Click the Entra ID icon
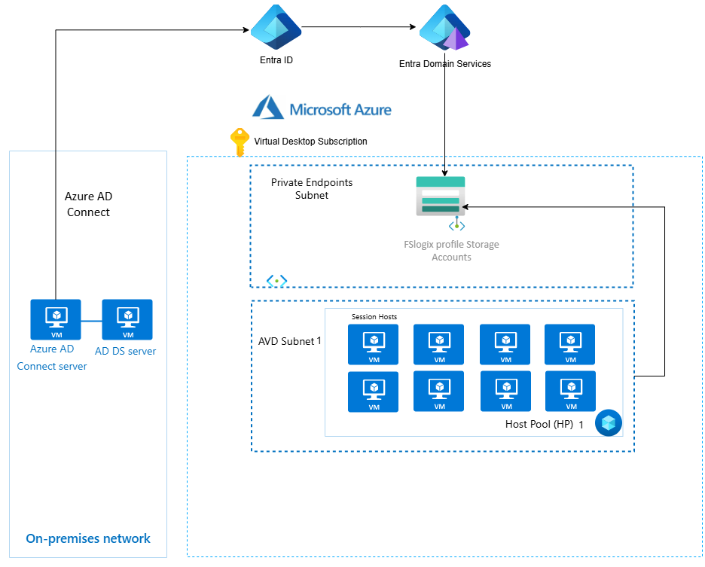pos(276,26)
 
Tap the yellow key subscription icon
pos(239,142)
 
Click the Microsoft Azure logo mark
pos(267,108)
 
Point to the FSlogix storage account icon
pos(441,197)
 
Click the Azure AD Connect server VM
pos(55,319)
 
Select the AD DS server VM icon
pos(127,319)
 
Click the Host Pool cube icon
pos(609,423)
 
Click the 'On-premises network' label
pos(88,538)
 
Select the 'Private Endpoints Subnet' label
pos(312,189)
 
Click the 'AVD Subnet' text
pos(286,341)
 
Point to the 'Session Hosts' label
pos(374,317)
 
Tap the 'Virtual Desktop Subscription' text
pos(310,141)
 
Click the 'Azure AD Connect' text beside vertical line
pos(88,204)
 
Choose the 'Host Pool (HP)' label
pos(539,425)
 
